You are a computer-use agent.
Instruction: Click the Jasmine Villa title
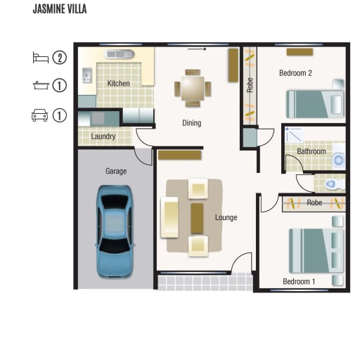[x=60, y=9]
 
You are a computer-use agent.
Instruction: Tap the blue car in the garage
[x=115, y=231]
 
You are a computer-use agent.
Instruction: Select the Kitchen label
[x=118, y=84]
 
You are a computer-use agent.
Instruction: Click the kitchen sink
[x=120, y=55]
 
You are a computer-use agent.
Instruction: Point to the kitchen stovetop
[x=87, y=75]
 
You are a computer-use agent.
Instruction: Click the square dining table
[x=193, y=89]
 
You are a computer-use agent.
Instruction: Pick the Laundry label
[x=103, y=136]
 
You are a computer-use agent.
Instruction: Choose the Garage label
[x=116, y=171]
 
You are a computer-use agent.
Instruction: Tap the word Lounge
[x=226, y=217]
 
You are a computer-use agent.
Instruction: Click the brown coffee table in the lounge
[x=197, y=218]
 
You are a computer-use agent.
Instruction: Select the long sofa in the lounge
[x=169, y=217]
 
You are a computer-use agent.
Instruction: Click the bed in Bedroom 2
[x=315, y=104]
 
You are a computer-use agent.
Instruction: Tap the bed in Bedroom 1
[x=316, y=251]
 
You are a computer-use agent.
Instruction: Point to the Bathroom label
[x=311, y=151]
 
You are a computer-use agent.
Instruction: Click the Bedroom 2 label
[x=295, y=73]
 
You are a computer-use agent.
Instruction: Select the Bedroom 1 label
[x=299, y=281]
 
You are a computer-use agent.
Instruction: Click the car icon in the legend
[x=40, y=115]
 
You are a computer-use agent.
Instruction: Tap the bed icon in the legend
[x=41, y=58]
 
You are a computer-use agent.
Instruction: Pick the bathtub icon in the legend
[x=41, y=85]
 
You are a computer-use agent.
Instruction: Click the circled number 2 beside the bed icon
[x=60, y=58]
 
